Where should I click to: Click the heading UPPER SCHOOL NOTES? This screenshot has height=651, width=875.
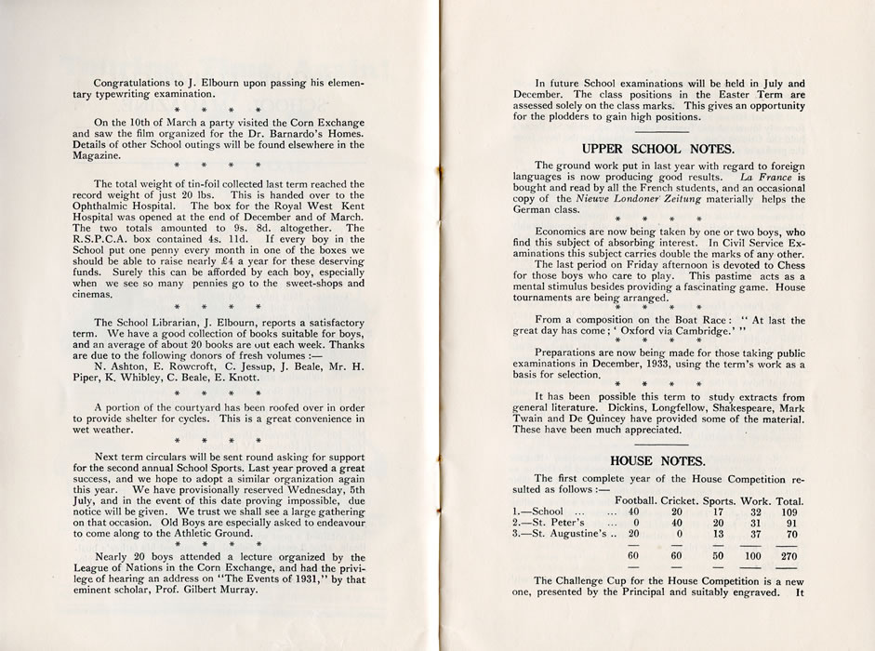tap(657, 148)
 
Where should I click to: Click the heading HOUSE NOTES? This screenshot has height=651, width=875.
tap(657, 459)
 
